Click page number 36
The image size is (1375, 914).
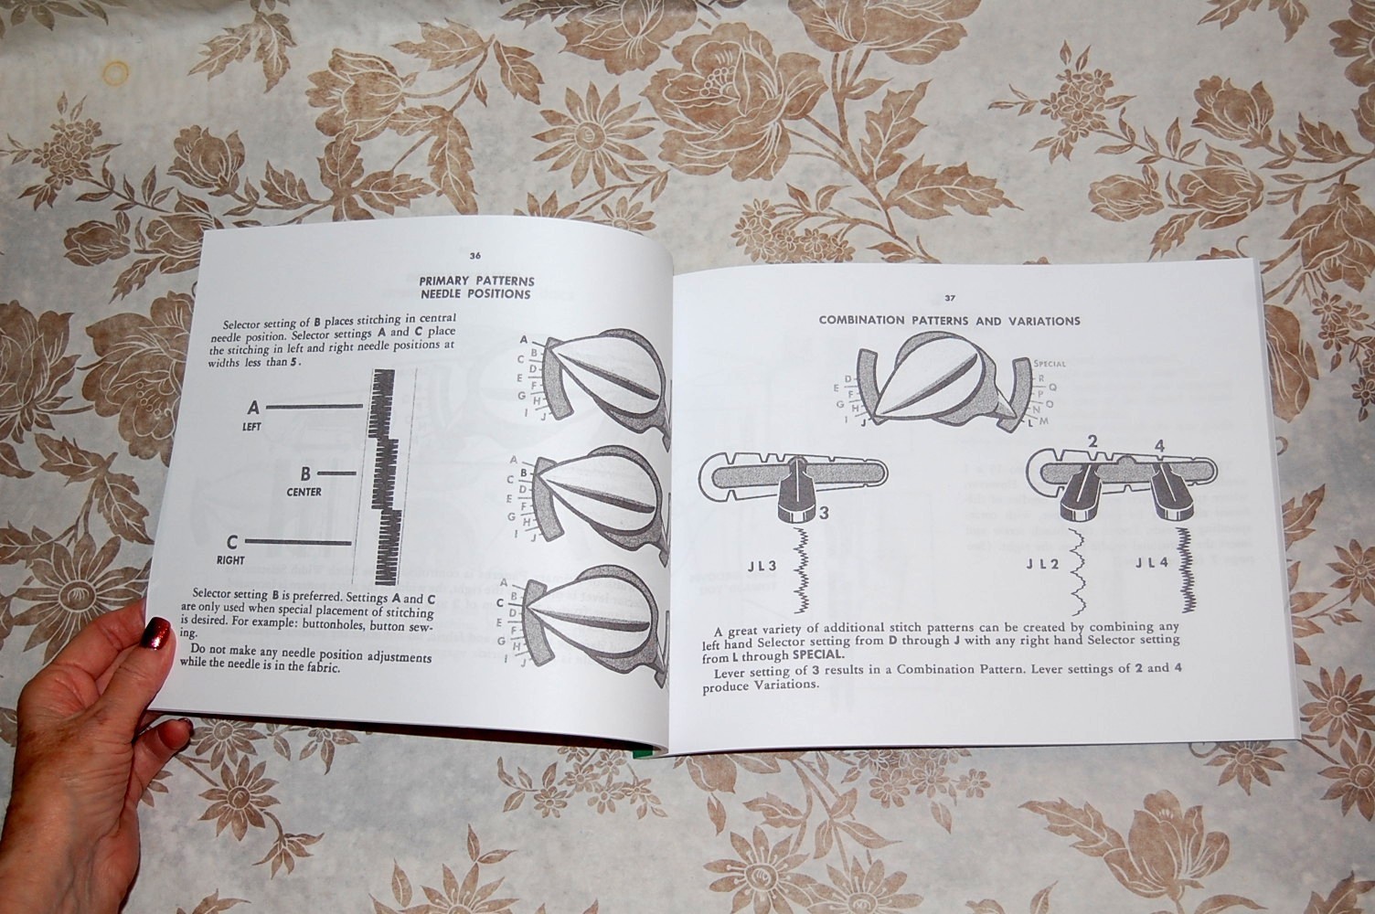tap(474, 256)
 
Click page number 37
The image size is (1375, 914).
tap(950, 298)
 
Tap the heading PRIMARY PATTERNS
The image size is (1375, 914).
tap(476, 281)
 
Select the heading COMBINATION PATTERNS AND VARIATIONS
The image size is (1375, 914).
tap(949, 321)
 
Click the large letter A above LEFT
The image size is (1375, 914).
tap(253, 407)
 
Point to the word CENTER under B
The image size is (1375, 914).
tap(304, 492)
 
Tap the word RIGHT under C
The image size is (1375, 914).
tap(230, 559)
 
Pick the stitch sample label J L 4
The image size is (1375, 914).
tap(1152, 563)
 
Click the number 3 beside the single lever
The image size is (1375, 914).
tap(823, 513)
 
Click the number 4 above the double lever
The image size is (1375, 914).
tap(1158, 446)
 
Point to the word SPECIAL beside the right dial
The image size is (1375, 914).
tap(1049, 364)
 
